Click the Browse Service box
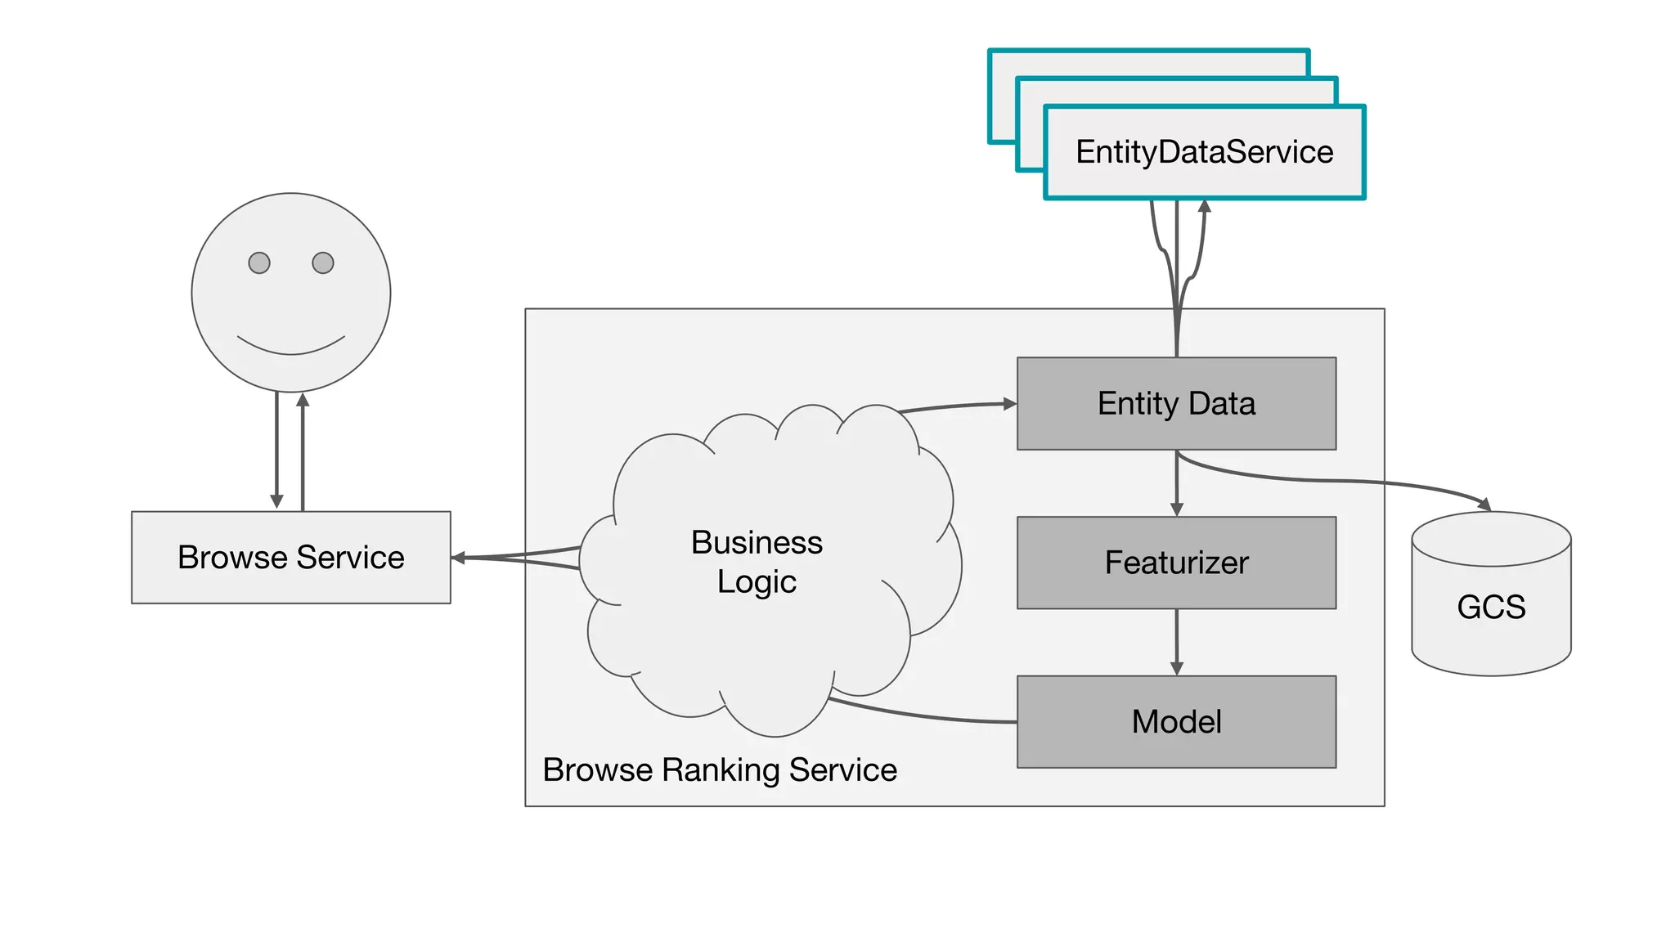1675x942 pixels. [x=290, y=558]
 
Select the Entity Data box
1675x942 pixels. [x=1175, y=403]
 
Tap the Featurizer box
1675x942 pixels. [x=1175, y=563]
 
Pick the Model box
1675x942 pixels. [x=1175, y=721]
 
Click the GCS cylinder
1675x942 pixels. [x=1490, y=607]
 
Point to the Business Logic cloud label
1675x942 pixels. [x=757, y=562]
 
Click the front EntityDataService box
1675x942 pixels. [x=1204, y=152]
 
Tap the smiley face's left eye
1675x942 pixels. [x=259, y=262]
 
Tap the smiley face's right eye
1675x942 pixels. [x=323, y=262]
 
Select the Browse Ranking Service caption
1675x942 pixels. [x=720, y=770]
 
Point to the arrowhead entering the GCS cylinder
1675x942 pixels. [x=1484, y=505]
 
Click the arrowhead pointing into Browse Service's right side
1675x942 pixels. [x=459, y=558]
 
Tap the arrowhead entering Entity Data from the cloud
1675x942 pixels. [x=1009, y=403]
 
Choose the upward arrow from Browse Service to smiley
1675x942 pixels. [x=303, y=450]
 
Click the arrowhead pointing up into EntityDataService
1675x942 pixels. [x=1204, y=206]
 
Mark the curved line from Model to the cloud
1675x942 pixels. [x=924, y=715]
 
